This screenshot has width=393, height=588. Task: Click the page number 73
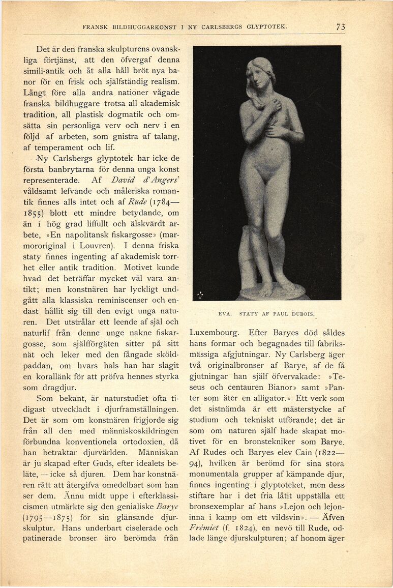click(x=340, y=27)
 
